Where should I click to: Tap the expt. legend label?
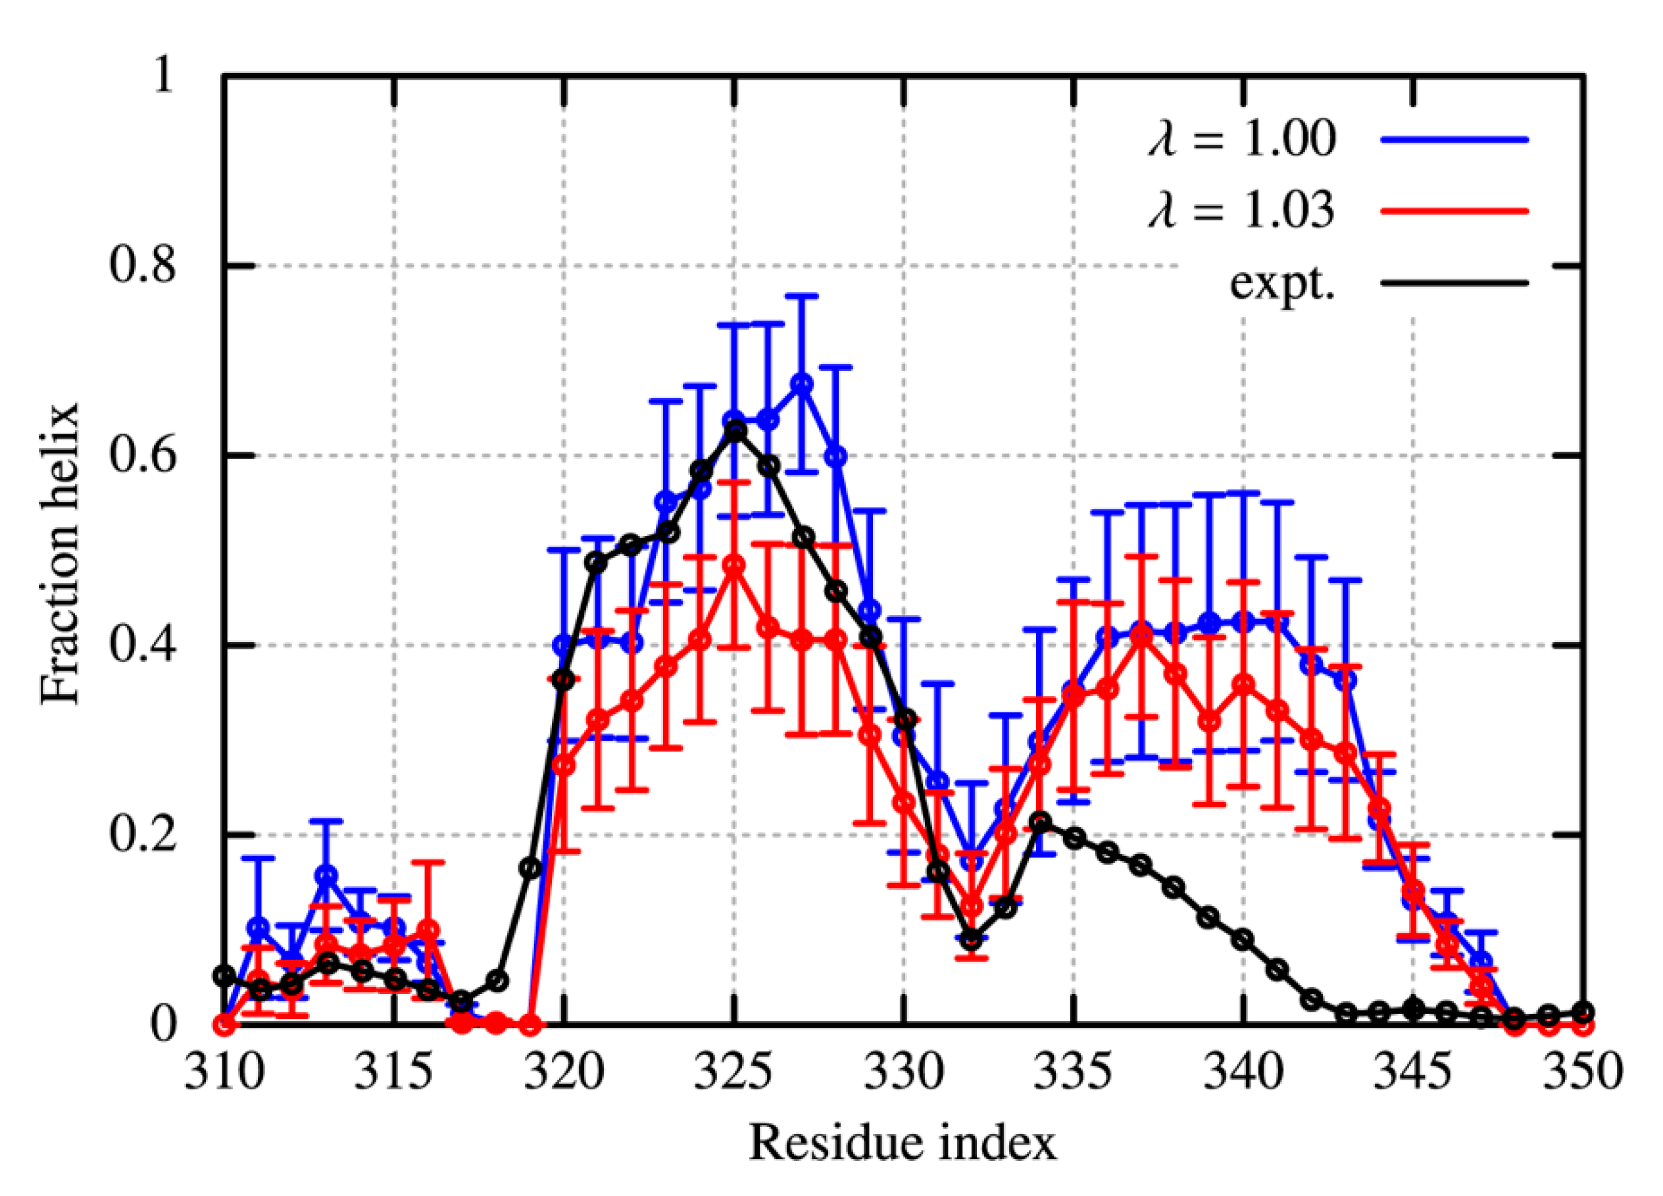tap(1283, 283)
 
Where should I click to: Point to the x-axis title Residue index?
tap(903, 1143)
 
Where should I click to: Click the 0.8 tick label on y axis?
tap(143, 266)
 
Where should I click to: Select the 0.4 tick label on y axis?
tap(143, 645)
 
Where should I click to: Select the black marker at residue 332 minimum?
tap(972, 939)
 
